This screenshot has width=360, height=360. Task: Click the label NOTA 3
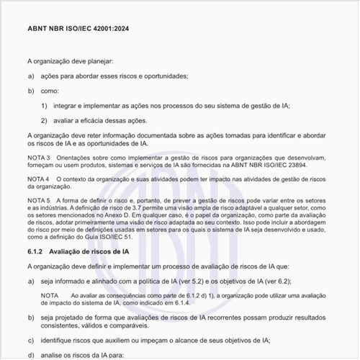[38, 158]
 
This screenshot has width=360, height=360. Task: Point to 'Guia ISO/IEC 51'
[109, 237]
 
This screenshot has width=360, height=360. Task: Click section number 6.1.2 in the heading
[36, 252]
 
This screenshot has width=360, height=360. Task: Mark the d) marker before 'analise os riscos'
[31, 355]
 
